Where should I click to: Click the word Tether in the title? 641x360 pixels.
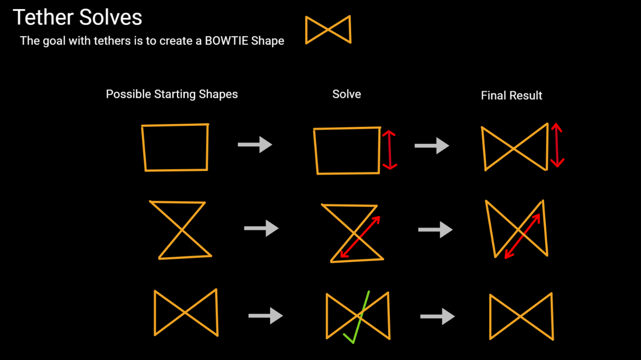43,17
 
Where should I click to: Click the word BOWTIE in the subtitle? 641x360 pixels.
227,41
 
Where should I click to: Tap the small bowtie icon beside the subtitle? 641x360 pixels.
328,29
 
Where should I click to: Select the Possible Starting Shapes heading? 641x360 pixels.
172,94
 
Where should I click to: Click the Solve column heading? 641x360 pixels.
346,94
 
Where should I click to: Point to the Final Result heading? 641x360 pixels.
511,96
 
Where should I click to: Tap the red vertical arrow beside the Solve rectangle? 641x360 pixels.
389,150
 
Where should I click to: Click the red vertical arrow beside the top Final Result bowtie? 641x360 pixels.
557,145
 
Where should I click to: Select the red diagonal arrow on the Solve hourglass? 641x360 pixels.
360,237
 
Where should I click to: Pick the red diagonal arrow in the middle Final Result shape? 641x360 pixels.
522,236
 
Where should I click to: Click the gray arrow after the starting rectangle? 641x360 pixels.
255,145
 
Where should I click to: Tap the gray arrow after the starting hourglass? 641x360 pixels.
261,228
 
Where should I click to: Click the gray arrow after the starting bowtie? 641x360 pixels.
266,316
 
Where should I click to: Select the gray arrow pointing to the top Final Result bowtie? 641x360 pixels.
432,146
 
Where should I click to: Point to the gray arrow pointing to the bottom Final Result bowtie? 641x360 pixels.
437,316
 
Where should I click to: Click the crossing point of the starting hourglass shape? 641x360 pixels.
182,229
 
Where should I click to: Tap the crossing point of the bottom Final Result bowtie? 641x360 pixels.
521,316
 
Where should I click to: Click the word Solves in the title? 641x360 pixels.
110,17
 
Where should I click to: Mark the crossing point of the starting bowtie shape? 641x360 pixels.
186,312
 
